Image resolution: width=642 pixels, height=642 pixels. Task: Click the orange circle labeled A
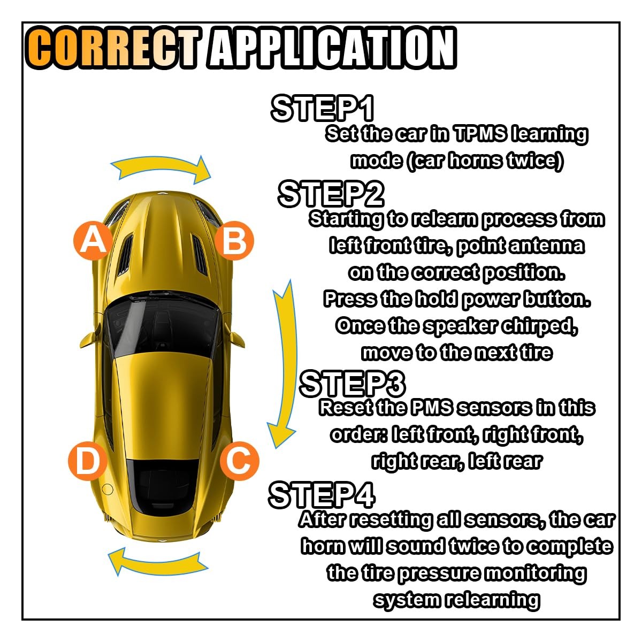tap(93, 241)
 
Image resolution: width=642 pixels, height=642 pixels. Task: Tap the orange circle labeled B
tap(234, 241)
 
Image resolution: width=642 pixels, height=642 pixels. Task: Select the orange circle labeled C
tap(239, 461)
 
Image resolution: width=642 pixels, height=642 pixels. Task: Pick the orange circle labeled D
tap(88, 461)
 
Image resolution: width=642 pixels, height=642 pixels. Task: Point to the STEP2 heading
tap(331, 194)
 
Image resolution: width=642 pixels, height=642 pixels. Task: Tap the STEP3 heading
tap(353, 384)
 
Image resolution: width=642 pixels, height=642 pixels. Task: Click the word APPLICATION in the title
tap(332, 48)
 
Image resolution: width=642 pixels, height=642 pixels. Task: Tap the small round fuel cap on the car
tap(108, 490)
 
